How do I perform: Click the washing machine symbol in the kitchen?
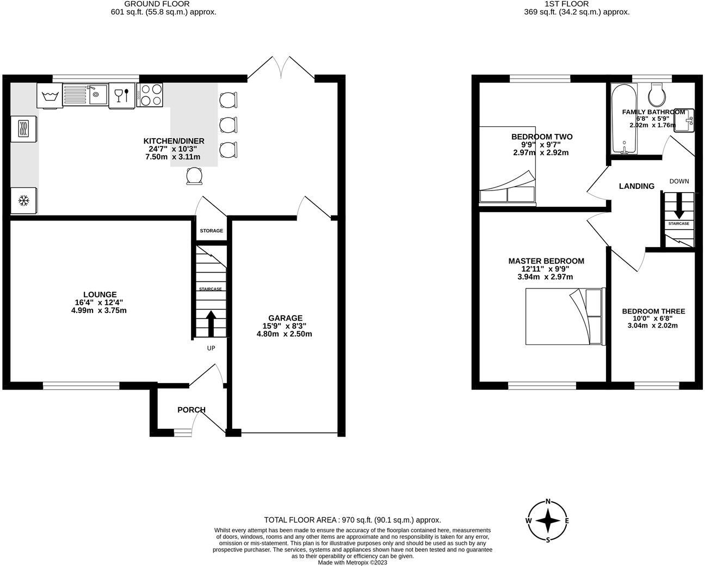tap(50, 96)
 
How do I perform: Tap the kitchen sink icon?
tap(85, 95)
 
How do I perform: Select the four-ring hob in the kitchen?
tap(150, 95)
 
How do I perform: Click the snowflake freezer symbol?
tap(23, 201)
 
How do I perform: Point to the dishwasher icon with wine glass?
tap(122, 96)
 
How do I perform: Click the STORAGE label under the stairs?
tap(211, 231)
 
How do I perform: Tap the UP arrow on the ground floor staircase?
tap(211, 323)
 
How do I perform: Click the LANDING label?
tap(636, 186)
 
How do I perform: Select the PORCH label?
tap(191, 410)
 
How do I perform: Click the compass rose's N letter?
tap(548, 502)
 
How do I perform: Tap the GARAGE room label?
tap(285, 318)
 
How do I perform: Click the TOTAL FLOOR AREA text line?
tap(352, 520)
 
